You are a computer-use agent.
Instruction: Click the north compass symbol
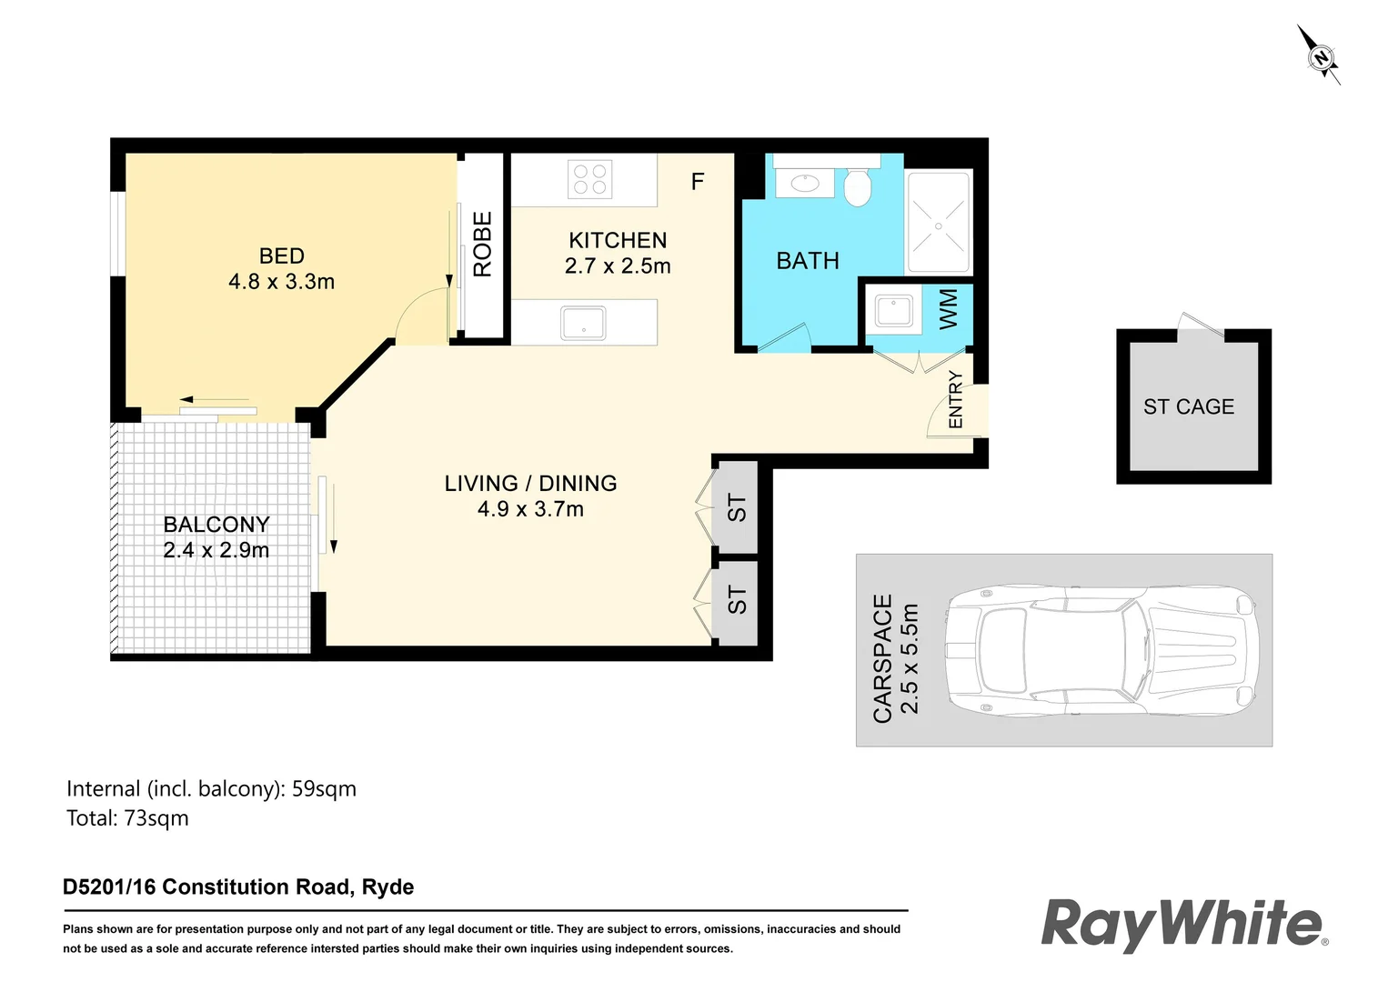[x=1320, y=56]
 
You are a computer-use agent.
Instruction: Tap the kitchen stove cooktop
[x=589, y=179]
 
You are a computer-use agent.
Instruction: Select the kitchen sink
[x=583, y=323]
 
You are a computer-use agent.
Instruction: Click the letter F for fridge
[x=698, y=182]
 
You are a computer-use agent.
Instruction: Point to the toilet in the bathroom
[x=858, y=187]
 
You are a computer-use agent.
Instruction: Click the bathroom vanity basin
[x=804, y=183]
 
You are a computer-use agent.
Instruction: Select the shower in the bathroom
[x=938, y=225]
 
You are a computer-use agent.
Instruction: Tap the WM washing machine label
[x=949, y=309]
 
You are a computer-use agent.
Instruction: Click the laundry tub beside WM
[x=893, y=312]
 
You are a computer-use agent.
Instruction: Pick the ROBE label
[x=482, y=244]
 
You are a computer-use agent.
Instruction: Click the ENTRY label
[x=955, y=399]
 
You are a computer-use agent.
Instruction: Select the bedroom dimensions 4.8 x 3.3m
[x=281, y=282]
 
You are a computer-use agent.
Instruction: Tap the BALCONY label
[x=216, y=525]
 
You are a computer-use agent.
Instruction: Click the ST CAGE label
[x=1189, y=407]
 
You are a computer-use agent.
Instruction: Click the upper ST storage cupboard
[x=737, y=508]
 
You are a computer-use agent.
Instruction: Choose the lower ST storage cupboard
[x=737, y=600]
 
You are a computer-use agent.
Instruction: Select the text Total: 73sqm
[x=127, y=818]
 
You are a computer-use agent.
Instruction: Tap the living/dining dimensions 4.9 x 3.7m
[x=530, y=509]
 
